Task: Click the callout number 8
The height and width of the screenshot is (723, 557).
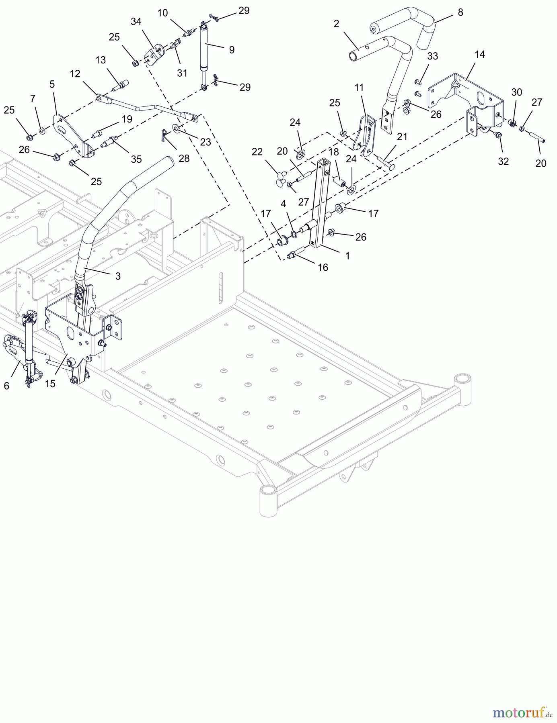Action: pyautogui.click(x=460, y=12)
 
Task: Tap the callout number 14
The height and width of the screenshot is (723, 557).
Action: pyautogui.click(x=480, y=55)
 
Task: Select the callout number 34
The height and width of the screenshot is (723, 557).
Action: pyautogui.click(x=136, y=22)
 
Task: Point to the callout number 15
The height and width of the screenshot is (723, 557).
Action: pyautogui.click(x=50, y=384)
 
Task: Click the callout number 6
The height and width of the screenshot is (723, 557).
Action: pyautogui.click(x=6, y=386)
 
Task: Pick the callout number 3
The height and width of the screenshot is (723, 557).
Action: pyautogui.click(x=118, y=276)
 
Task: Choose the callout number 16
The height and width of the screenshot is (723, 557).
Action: pyautogui.click(x=323, y=268)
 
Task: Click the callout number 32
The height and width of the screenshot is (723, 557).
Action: pyautogui.click(x=503, y=161)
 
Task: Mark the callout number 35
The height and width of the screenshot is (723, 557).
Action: pyautogui.click(x=136, y=159)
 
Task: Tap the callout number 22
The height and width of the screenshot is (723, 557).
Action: pyautogui.click(x=257, y=152)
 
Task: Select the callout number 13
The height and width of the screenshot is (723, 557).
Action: pyautogui.click(x=101, y=60)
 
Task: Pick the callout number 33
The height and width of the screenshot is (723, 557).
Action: pyautogui.click(x=432, y=56)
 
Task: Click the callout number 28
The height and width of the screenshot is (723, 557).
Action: pyautogui.click(x=184, y=158)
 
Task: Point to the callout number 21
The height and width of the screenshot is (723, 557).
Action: pyautogui.click(x=402, y=137)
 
